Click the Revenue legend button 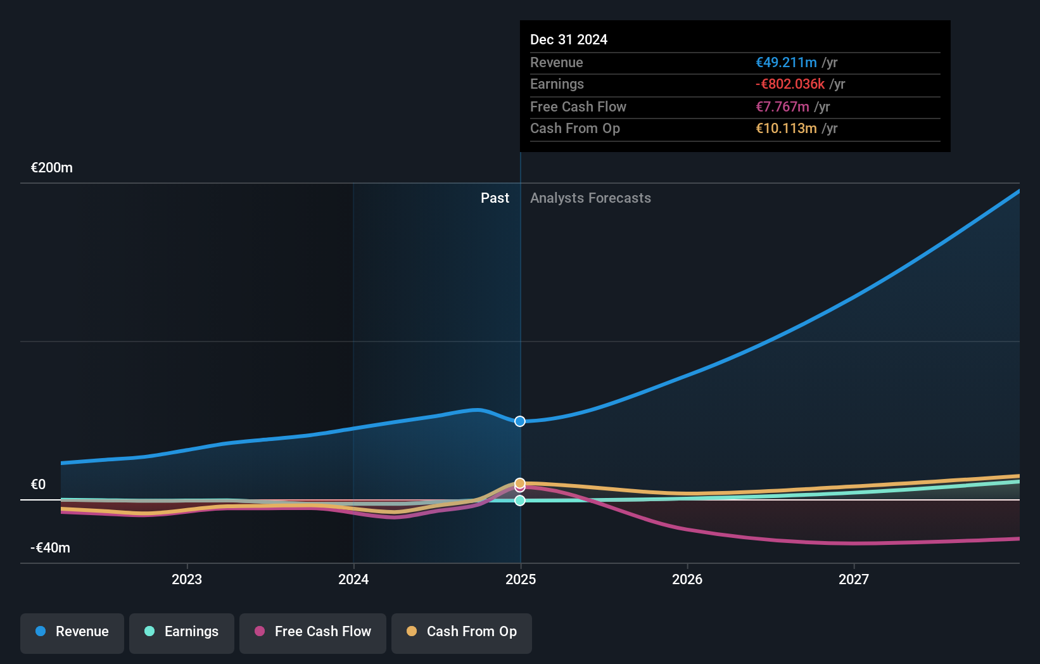[x=72, y=632]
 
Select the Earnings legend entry [x=182, y=632]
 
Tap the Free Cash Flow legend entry [x=313, y=632]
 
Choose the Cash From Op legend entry [x=462, y=632]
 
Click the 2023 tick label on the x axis [x=187, y=579]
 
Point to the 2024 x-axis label [x=353, y=579]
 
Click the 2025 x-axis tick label [x=521, y=579]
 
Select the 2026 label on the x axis [x=687, y=579]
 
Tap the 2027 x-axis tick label [x=854, y=579]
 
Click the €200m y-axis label [x=52, y=168]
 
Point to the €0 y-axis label [x=39, y=485]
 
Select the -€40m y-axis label [x=51, y=548]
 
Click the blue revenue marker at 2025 [x=520, y=421]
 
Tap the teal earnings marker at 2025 [x=520, y=501]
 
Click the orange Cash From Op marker [x=520, y=483]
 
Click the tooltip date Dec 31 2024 [x=569, y=40]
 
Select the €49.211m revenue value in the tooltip [x=786, y=63]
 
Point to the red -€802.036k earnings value [x=790, y=84]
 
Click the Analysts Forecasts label [x=590, y=198]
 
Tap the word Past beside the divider [x=495, y=198]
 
